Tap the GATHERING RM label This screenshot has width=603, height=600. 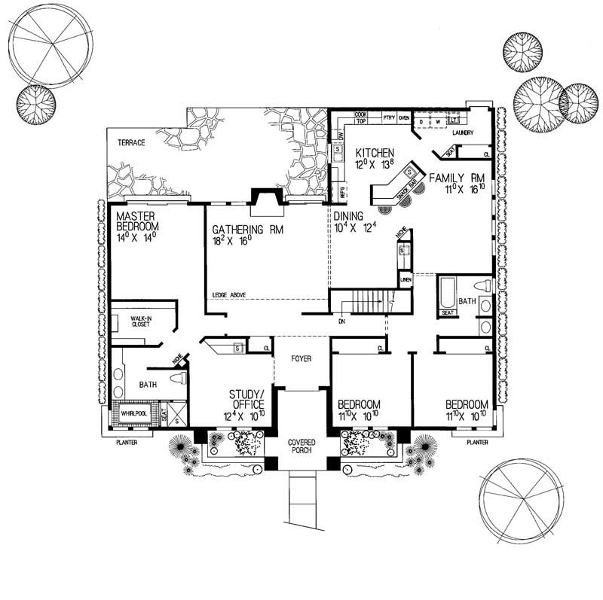coord(237,230)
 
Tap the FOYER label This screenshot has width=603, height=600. coord(299,359)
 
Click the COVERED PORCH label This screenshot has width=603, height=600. coord(301,445)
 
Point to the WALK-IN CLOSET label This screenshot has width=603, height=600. coord(142,322)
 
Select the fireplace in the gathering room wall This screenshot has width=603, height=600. coord(268,197)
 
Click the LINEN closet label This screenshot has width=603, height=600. coord(405,281)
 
